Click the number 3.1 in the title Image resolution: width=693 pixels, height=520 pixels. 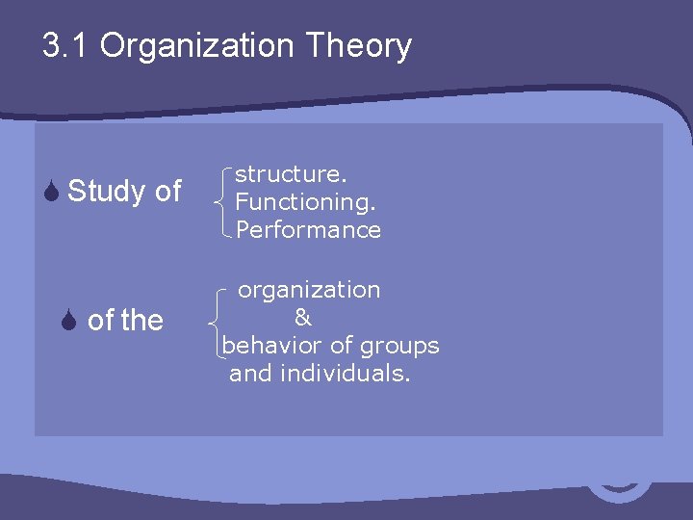click(x=66, y=45)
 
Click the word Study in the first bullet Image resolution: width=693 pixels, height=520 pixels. click(x=107, y=192)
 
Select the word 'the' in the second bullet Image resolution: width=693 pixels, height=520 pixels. click(x=142, y=320)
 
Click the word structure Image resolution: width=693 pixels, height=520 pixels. click(x=291, y=174)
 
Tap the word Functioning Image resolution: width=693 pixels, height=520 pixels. click(x=306, y=202)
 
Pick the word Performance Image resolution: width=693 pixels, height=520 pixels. click(x=308, y=230)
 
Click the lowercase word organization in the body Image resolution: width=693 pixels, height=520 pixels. click(x=309, y=290)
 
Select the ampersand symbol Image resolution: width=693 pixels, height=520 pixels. click(x=302, y=317)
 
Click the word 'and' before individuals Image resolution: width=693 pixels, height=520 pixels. click(x=250, y=374)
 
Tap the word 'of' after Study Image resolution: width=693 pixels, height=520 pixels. click(x=167, y=192)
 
